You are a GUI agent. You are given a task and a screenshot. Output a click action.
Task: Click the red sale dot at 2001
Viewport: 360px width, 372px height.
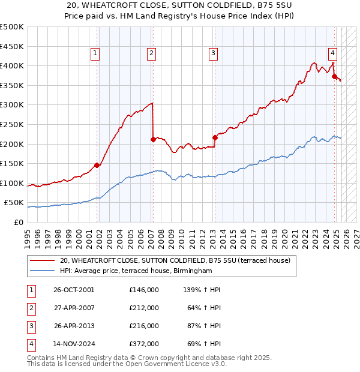(97, 165)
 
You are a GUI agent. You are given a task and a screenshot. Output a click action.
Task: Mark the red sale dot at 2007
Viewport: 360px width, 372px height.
(153, 139)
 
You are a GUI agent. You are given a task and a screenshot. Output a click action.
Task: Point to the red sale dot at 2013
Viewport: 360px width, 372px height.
(215, 137)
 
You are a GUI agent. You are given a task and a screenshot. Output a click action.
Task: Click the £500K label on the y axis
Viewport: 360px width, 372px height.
(12, 27)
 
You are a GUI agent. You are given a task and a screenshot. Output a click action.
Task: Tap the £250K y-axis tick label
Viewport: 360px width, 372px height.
(12, 124)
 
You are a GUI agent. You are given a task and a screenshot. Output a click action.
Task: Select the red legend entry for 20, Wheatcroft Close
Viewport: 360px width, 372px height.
(175, 260)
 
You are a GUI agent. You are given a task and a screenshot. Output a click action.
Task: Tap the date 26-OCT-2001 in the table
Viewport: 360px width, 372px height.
(74, 290)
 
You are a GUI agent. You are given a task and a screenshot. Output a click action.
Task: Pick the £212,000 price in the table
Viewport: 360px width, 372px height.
(144, 308)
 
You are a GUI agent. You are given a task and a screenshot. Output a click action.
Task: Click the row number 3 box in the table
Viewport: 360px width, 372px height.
(30, 326)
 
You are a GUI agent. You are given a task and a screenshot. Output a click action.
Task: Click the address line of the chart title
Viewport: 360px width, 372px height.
(180, 6)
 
